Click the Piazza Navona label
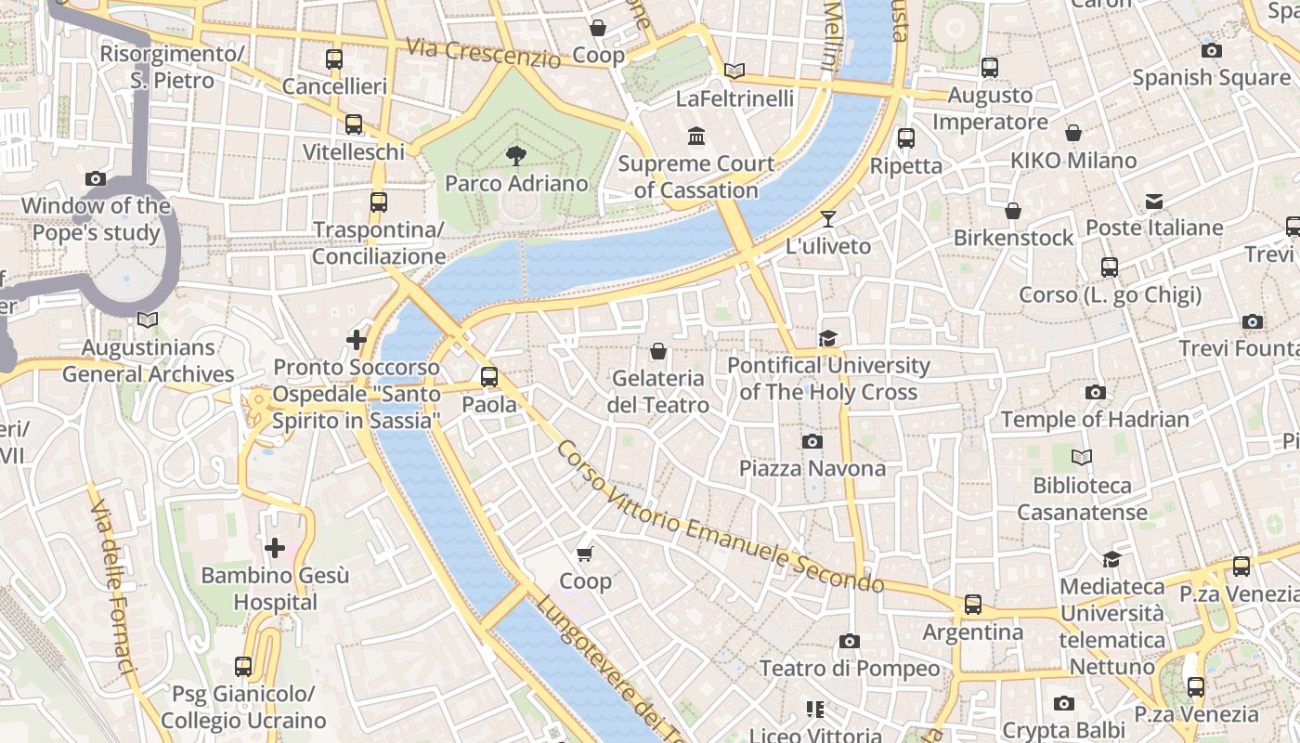[812, 468]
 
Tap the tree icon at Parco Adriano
[516, 155]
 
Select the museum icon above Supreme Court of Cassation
[696, 137]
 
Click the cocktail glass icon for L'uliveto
[827, 219]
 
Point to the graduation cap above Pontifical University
[827, 338]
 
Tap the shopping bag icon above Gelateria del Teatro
[658, 351]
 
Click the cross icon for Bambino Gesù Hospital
[275, 548]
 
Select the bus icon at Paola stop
[489, 377]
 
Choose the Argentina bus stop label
[972, 632]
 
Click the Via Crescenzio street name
[483, 52]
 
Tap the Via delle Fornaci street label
[112, 590]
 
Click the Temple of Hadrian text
[1095, 419]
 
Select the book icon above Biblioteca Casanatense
[1082, 457]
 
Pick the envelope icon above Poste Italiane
[1154, 201]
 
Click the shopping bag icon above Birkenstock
[1013, 211]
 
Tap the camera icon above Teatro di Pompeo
[849, 641]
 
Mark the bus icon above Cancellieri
[334, 59]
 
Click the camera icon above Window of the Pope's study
[96, 178]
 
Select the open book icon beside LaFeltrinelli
[734, 71]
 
